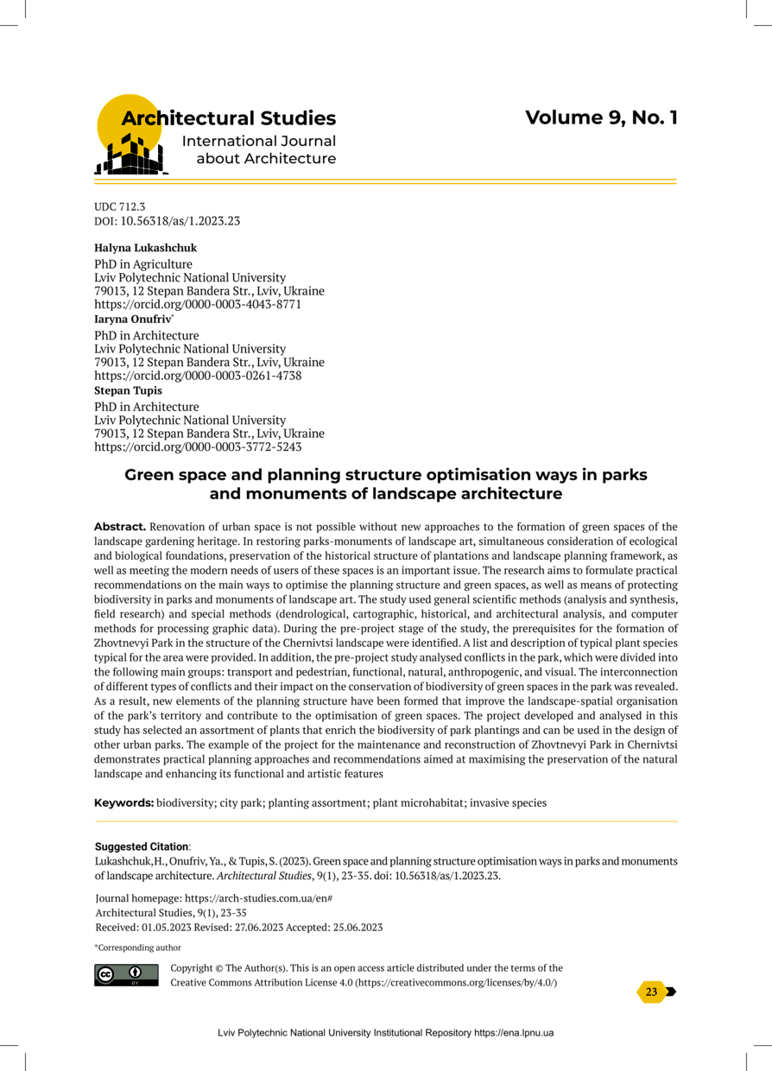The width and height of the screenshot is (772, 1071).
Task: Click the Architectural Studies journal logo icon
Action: pyautogui.click(x=130, y=134)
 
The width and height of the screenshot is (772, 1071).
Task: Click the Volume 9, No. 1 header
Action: pyautogui.click(x=601, y=117)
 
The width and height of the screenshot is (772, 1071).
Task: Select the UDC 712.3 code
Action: pyautogui.click(x=120, y=207)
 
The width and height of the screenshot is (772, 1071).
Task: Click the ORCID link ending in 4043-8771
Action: pyautogui.click(x=198, y=305)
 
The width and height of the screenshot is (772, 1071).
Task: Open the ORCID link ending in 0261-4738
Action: pyautogui.click(x=198, y=377)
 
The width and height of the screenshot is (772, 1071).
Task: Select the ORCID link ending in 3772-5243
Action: pyautogui.click(x=198, y=447)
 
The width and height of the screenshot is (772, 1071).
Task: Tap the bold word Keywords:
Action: pyautogui.click(x=124, y=802)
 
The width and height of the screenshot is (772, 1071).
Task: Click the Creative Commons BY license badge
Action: pyautogui.click(x=126, y=973)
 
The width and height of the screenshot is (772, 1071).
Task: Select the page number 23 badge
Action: pyautogui.click(x=652, y=992)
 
